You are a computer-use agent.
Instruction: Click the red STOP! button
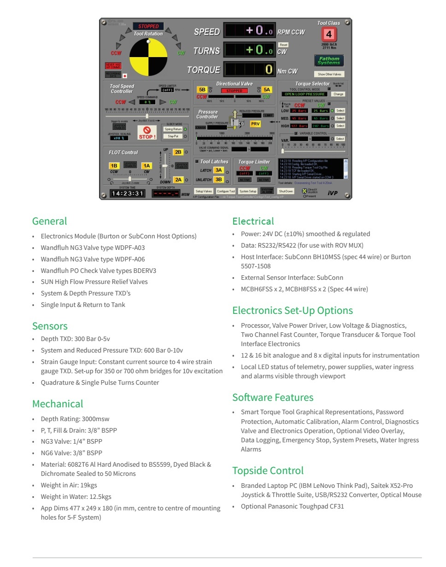coord(147,133)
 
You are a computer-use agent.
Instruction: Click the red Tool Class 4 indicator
coord(329,35)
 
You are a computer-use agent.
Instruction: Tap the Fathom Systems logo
coord(329,60)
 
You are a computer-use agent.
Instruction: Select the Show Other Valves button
coord(329,74)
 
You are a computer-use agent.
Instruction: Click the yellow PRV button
coord(255,124)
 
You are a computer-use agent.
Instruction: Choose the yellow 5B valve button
coord(202,90)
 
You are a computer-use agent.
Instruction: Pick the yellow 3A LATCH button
coord(218,170)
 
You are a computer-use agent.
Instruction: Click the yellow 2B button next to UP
coord(178,152)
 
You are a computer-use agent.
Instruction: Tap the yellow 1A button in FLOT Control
coord(147,166)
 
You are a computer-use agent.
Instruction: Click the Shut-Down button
coord(286,191)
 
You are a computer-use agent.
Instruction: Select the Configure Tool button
coord(226,191)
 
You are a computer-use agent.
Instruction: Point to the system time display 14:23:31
coord(128,193)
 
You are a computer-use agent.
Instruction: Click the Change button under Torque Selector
coord(338,94)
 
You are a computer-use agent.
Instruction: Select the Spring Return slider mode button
coord(173,129)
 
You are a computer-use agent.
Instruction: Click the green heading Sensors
coord(50,326)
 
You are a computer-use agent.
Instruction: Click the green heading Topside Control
coord(268,470)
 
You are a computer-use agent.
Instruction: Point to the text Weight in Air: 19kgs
coord(69,485)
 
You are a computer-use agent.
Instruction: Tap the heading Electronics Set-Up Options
coord(292,310)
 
